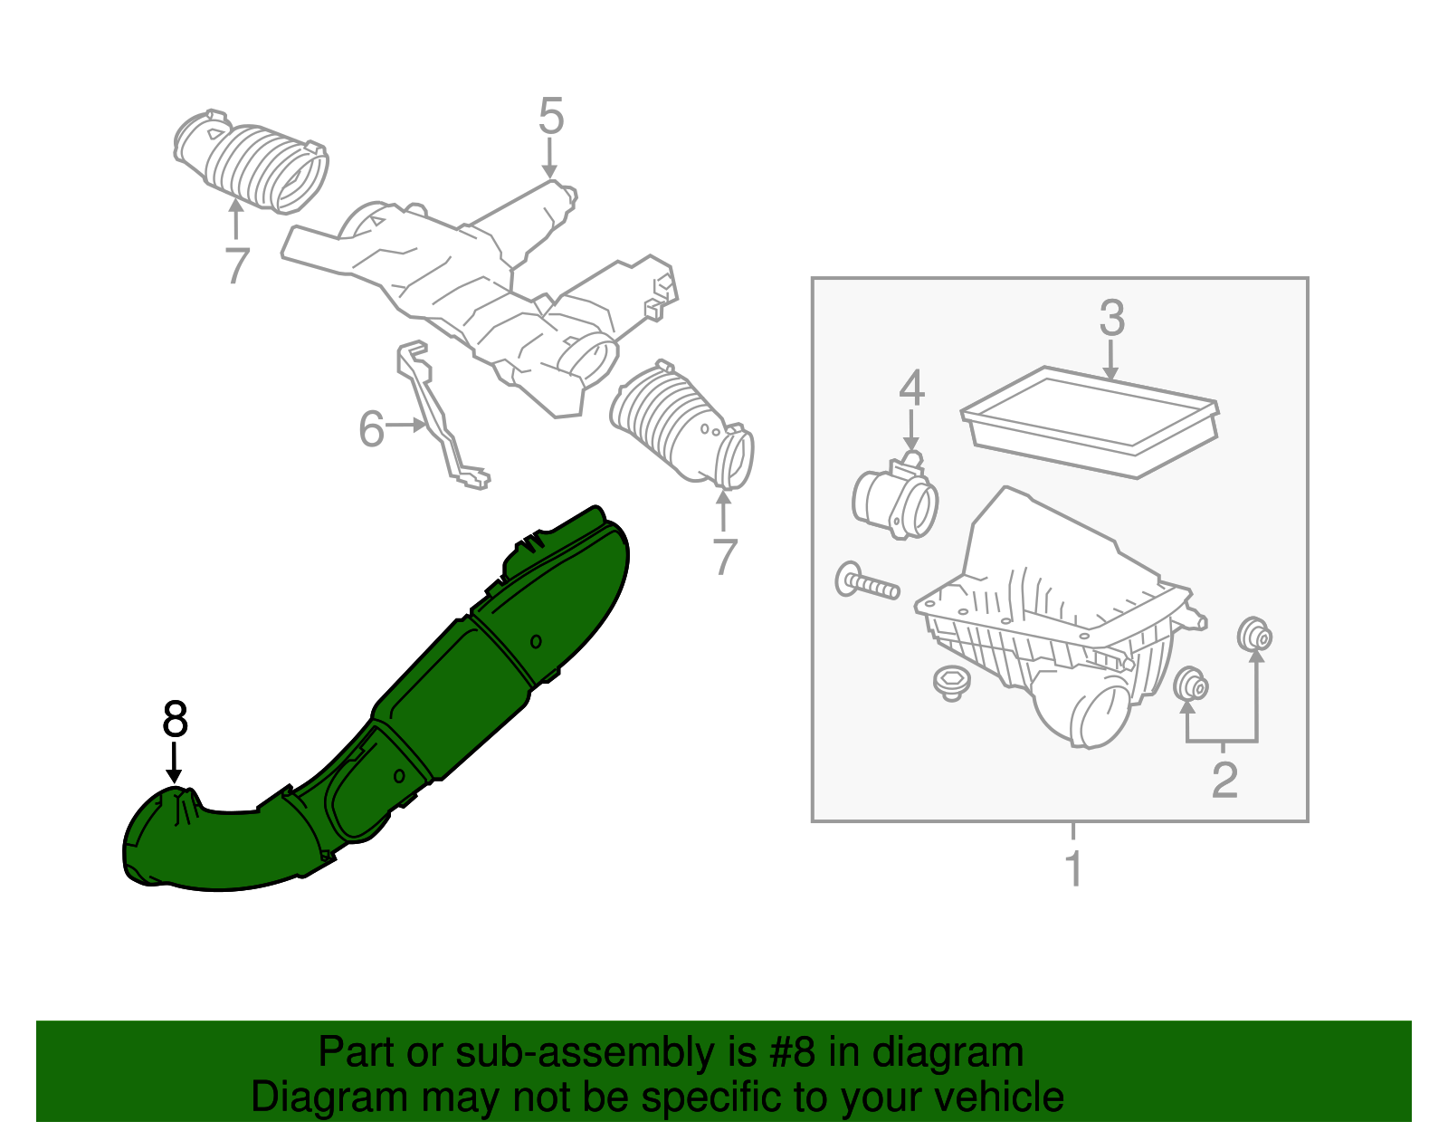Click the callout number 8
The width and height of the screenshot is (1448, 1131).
[175, 721]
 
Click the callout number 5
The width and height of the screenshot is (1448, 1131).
[550, 118]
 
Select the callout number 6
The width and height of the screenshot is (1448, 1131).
[372, 428]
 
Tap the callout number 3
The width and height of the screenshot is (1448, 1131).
[1111, 319]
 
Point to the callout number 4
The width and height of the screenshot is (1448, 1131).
[911, 388]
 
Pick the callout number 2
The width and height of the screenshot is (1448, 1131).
[1224, 780]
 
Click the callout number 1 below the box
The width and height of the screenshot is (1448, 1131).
[1073, 868]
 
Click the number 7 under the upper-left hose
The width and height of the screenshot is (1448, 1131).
[236, 265]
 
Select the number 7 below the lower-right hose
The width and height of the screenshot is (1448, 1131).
[724, 557]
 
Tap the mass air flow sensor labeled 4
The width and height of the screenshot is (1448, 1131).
[893, 501]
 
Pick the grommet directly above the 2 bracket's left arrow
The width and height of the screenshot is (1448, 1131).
[1190, 685]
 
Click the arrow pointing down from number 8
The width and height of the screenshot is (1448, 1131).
[174, 762]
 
